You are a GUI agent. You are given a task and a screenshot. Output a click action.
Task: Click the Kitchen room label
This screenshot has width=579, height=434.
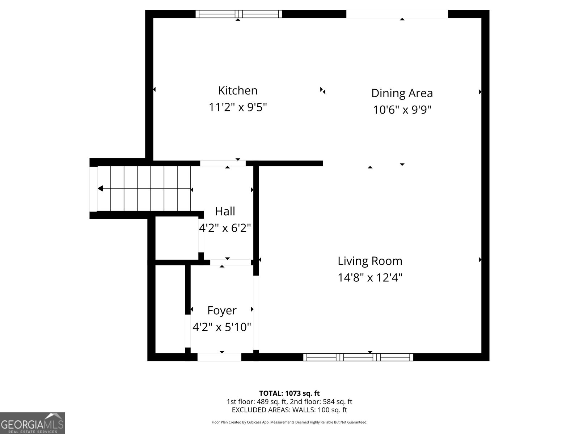click(x=238, y=90)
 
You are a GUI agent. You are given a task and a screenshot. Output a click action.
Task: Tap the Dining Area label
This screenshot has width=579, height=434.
click(x=402, y=93)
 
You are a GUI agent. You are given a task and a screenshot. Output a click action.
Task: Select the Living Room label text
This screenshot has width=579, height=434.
click(x=370, y=261)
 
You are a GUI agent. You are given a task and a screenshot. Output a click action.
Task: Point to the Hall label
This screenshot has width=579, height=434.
click(x=225, y=211)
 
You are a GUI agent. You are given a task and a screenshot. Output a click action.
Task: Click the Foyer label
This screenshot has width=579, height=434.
click(x=221, y=310)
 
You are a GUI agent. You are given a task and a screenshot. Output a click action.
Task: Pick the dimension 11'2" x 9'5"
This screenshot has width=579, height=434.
click(x=238, y=107)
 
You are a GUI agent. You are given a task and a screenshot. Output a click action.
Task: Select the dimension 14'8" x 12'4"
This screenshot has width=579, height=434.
click(x=370, y=278)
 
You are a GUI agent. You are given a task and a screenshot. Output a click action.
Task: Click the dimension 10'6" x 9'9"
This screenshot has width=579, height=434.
click(x=402, y=110)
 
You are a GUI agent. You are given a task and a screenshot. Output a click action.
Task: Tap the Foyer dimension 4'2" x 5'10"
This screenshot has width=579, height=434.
click(x=221, y=327)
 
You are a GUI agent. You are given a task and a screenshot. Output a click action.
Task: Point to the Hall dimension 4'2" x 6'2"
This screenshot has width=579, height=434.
click(x=225, y=228)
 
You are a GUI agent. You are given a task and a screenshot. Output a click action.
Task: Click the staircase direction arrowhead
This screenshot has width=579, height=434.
click(x=100, y=188)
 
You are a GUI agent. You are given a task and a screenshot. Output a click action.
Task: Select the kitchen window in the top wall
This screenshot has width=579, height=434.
click(x=238, y=14)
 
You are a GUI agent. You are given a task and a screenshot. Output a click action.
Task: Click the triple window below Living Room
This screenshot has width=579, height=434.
click(x=358, y=357)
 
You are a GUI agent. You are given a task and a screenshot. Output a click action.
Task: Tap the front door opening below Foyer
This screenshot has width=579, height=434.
click(x=219, y=357)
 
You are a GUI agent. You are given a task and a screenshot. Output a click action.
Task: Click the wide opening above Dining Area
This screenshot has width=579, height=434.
click(x=397, y=14)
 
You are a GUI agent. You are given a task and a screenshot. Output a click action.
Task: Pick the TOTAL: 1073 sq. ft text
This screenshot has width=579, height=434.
click(x=289, y=393)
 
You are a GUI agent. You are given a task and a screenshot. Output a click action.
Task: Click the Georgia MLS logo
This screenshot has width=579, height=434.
click(x=32, y=423)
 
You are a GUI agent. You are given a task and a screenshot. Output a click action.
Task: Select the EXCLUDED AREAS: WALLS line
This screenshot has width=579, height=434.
click(x=289, y=410)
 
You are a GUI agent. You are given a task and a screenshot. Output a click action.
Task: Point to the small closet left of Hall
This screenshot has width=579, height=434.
click(x=177, y=238)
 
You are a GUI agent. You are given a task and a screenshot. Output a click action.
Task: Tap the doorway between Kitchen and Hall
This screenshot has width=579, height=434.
click(x=223, y=163)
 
